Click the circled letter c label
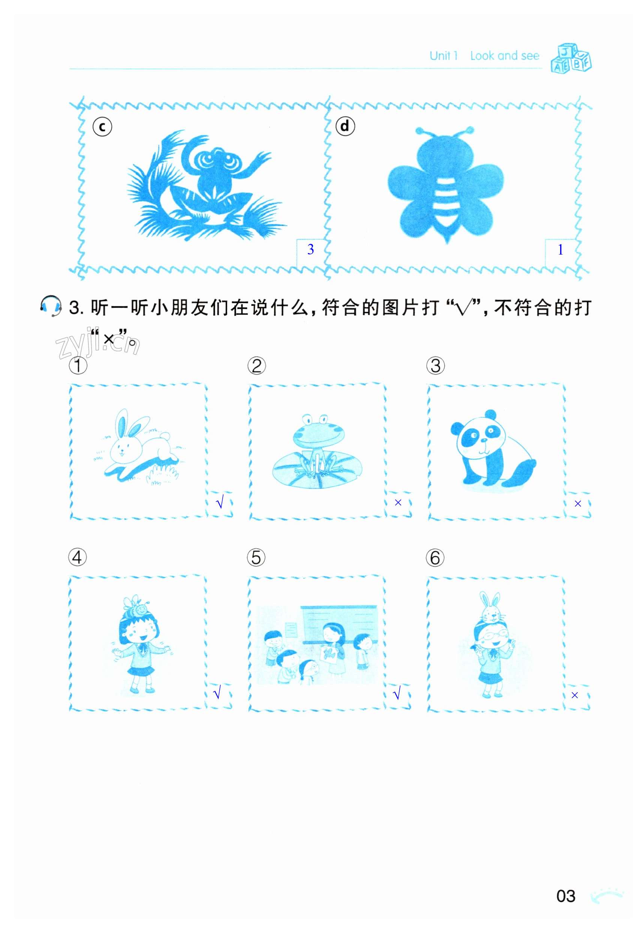point(102,127)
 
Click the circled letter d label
point(345,126)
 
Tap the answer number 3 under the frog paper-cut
point(310,249)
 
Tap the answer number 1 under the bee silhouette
point(560,250)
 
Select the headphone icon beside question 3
point(51,307)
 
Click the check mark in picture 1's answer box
point(219,503)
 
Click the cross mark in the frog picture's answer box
point(398,502)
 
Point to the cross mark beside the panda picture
point(577,503)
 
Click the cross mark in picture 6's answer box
point(575,695)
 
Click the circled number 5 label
point(256,557)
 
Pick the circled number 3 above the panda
point(436,366)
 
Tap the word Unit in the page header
point(440,55)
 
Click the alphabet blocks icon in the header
point(571,58)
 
